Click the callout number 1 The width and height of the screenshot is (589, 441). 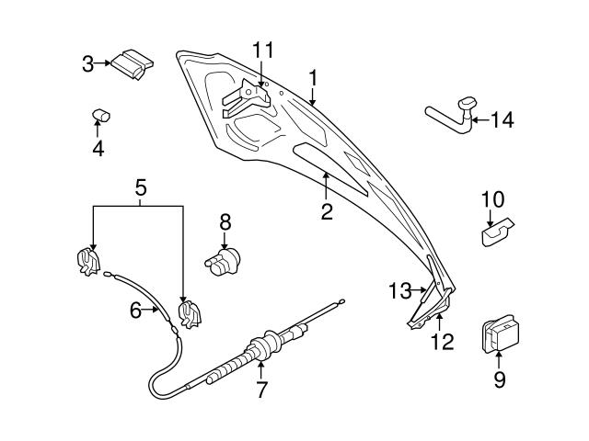click(x=313, y=79)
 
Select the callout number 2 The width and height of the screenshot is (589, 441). click(x=326, y=212)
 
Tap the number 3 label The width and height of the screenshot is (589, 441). click(x=88, y=64)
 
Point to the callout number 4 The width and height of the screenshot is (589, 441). click(x=97, y=149)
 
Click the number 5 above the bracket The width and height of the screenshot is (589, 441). click(x=140, y=188)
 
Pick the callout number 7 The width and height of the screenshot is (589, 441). click(x=261, y=390)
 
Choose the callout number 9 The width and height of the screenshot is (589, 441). click(x=500, y=379)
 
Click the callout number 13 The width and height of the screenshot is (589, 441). click(x=399, y=291)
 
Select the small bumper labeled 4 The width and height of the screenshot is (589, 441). click(x=100, y=115)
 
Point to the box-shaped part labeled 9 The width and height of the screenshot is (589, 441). click(x=498, y=334)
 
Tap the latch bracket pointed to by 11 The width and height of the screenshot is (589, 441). click(x=246, y=96)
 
